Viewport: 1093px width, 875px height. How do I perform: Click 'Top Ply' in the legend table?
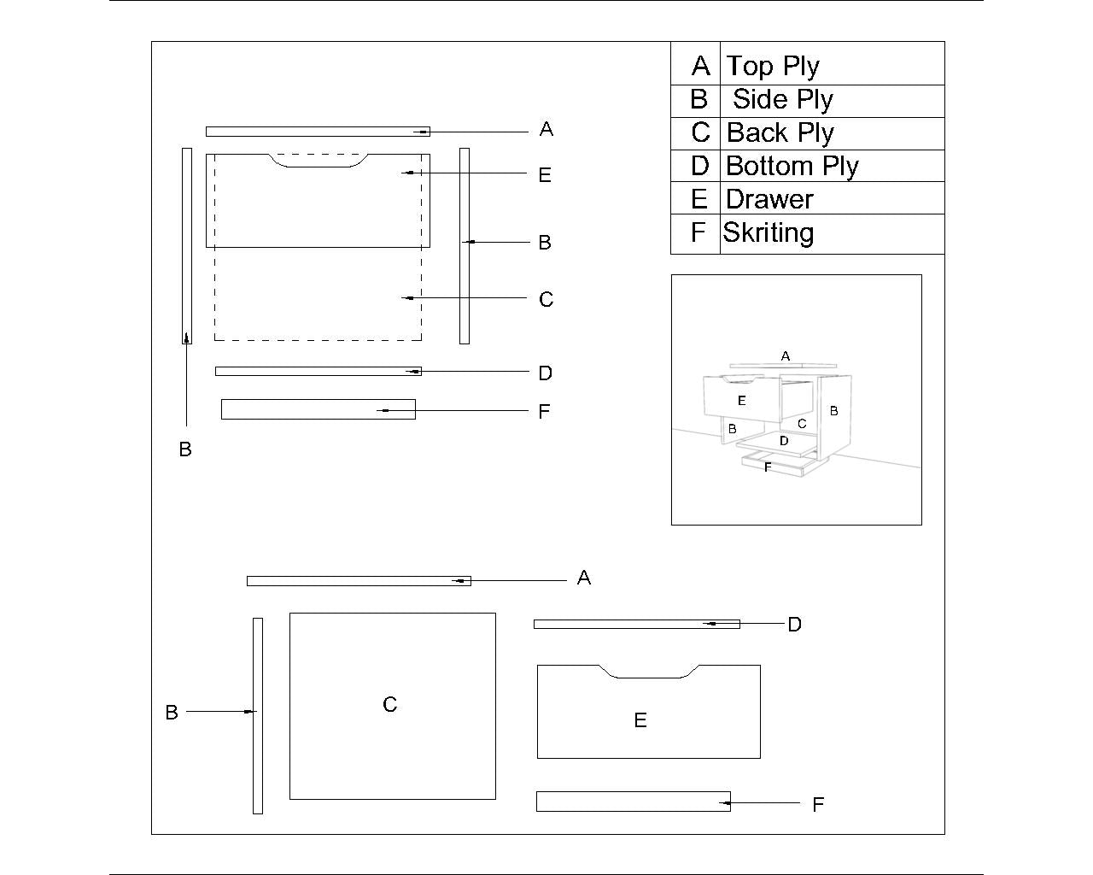coord(773,66)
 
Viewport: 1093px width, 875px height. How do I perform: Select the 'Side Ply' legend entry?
coord(782,99)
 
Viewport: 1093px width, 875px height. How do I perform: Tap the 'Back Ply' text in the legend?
coord(780,132)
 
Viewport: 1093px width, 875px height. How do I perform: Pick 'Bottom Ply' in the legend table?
coord(792,165)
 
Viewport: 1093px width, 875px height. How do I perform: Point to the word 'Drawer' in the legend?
coord(769,199)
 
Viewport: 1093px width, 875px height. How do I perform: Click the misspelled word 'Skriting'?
coord(768,232)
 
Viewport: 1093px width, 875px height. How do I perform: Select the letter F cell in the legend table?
coord(698,232)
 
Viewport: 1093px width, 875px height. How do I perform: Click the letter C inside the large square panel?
coord(389,705)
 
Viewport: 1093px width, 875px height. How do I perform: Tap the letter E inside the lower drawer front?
coord(640,720)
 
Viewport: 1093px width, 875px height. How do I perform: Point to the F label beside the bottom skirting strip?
coord(817,805)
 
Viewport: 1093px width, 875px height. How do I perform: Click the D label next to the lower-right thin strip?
coord(794,625)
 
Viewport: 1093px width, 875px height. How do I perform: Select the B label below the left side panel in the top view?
coord(185,449)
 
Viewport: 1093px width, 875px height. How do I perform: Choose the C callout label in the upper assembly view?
coord(546,300)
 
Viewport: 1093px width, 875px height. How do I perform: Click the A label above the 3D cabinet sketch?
coord(786,355)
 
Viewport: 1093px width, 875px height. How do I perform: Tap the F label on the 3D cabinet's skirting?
coord(768,467)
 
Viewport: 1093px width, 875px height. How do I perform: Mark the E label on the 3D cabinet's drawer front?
coord(741,400)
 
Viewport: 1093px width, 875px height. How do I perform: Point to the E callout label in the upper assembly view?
coord(545,175)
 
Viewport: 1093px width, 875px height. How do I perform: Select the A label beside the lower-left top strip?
coord(584,578)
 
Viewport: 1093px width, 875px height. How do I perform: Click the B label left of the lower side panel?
coord(172,713)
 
